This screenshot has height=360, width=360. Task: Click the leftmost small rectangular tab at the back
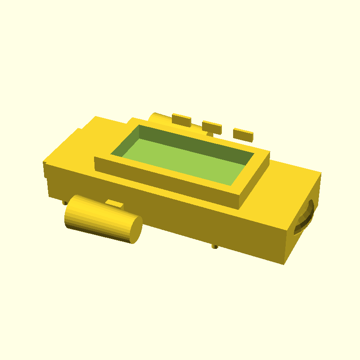tap(181, 119)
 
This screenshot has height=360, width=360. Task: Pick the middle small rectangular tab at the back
tap(211, 127)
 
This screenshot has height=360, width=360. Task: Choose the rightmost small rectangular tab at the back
tap(243, 134)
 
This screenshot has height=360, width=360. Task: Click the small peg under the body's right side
tap(215, 246)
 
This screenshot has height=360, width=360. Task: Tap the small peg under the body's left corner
tap(65, 202)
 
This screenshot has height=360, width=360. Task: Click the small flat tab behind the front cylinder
tap(116, 204)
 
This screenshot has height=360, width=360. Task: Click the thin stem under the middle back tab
tap(210, 134)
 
